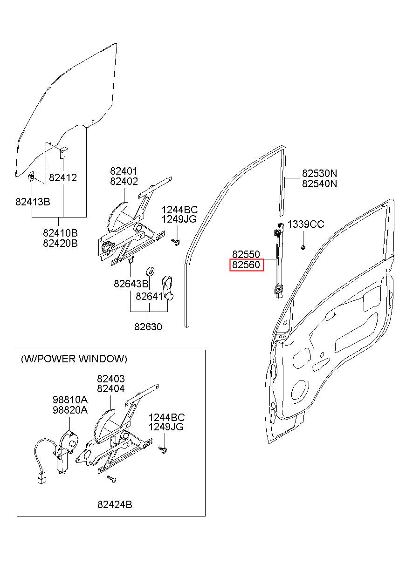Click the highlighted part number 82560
[246, 265]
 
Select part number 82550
[246, 254]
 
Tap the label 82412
[63, 178]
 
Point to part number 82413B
[33, 202]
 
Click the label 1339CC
[306, 224]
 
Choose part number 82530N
[319, 173]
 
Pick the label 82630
[148, 327]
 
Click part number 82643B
[131, 284]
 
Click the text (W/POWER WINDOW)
[74, 359]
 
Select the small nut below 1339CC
[303, 247]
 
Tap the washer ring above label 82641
[151, 272]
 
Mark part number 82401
[124, 171]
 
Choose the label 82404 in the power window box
[111, 389]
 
